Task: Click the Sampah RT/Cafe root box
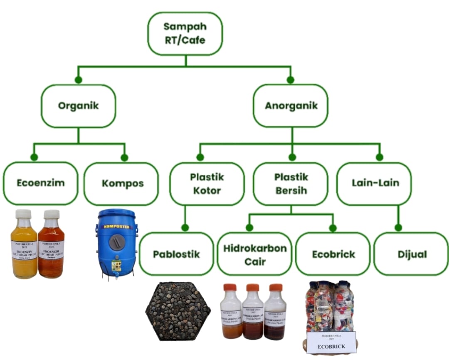coord(185,33)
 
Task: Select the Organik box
coord(78,106)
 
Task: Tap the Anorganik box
coord(291,106)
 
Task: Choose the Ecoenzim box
coord(40,183)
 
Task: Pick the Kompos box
coord(121,183)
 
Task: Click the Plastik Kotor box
coord(207,184)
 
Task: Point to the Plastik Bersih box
coord(291,184)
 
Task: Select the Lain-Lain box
coord(375,183)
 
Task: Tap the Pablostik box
coord(176,254)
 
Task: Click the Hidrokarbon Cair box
coord(255,254)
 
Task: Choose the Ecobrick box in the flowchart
coord(333,254)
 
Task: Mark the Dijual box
coord(410,254)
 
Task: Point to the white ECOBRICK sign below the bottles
coord(331,342)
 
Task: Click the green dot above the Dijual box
coord(398,228)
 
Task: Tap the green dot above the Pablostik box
coord(185,228)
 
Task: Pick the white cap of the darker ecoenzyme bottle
coord(52,214)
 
